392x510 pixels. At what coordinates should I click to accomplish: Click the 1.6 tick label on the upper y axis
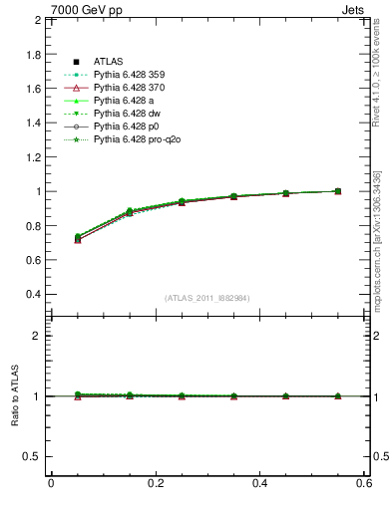(x=33, y=89)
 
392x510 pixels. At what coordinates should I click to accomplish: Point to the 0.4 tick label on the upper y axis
(x=33, y=295)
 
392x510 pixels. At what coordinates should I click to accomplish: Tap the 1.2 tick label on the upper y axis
(x=33, y=157)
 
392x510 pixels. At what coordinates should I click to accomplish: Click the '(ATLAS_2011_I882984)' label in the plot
(x=207, y=298)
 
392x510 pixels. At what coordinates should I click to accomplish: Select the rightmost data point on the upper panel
(x=338, y=191)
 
